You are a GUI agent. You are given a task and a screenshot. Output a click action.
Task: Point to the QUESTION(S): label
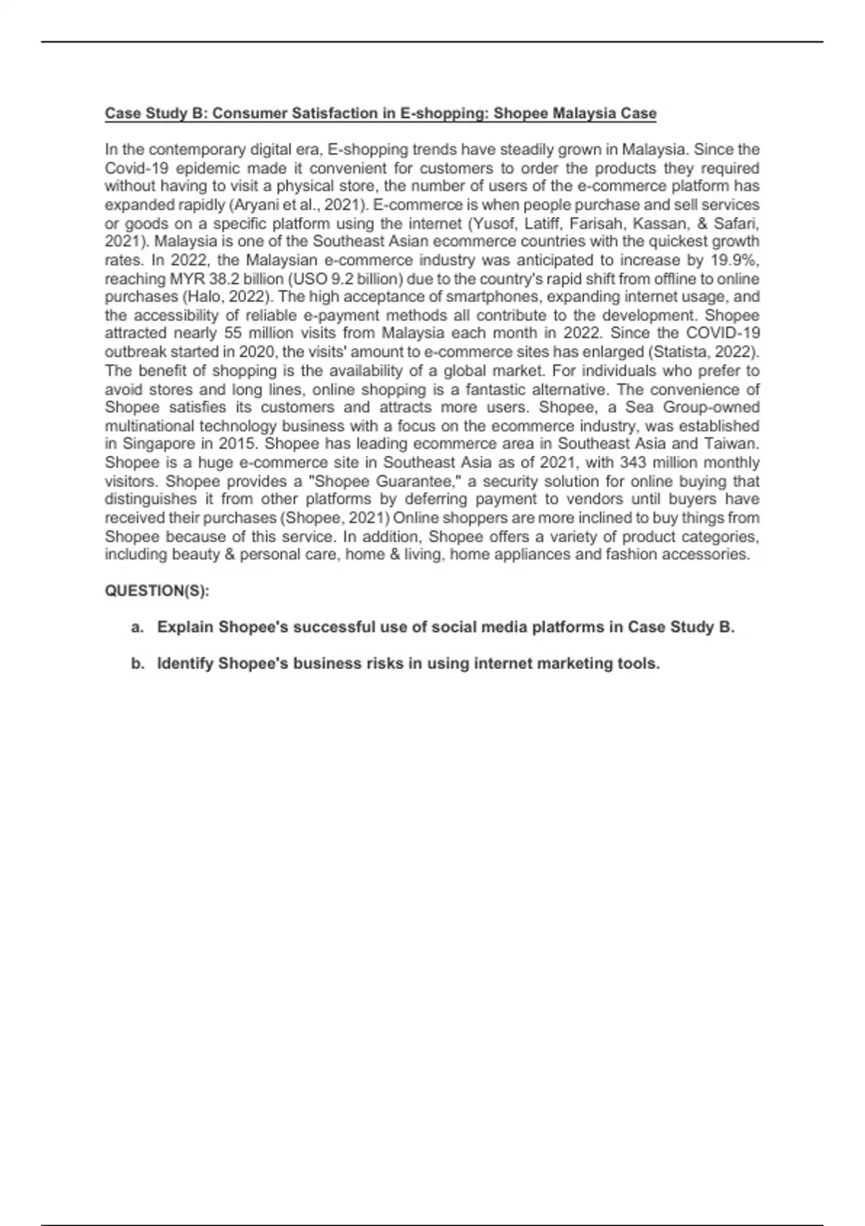157,591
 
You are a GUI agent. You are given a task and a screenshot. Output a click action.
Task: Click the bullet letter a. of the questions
137,627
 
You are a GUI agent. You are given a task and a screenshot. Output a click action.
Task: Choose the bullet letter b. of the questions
137,664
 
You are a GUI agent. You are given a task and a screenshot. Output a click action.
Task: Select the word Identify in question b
185,664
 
